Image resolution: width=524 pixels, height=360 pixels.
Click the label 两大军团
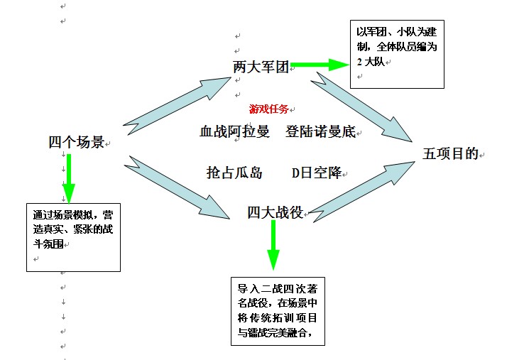point(261,67)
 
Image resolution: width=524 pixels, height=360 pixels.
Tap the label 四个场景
point(77,142)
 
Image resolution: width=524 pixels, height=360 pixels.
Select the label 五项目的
point(450,154)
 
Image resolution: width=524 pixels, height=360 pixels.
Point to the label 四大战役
point(275,212)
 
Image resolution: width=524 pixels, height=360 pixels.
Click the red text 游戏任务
point(268,109)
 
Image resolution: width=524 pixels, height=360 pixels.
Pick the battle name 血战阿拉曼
point(234,131)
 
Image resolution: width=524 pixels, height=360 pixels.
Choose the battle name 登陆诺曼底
point(320,131)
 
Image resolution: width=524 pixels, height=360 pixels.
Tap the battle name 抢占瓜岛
point(234,173)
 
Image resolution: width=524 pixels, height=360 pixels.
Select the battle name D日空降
point(317,173)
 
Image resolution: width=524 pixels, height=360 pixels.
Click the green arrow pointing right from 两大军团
point(320,65)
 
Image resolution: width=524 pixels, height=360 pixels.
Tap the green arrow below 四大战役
point(273,245)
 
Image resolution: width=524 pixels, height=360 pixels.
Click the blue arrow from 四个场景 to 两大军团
point(177,107)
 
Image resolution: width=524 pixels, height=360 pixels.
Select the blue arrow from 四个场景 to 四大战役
point(177,187)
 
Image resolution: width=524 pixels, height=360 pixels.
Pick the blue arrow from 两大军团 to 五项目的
point(361,107)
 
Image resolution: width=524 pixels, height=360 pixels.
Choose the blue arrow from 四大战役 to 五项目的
point(361,192)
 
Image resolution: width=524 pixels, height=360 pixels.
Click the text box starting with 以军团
point(397,54)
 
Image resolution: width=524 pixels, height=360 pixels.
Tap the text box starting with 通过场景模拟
point(74,237)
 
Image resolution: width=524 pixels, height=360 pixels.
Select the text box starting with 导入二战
point(278,311)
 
